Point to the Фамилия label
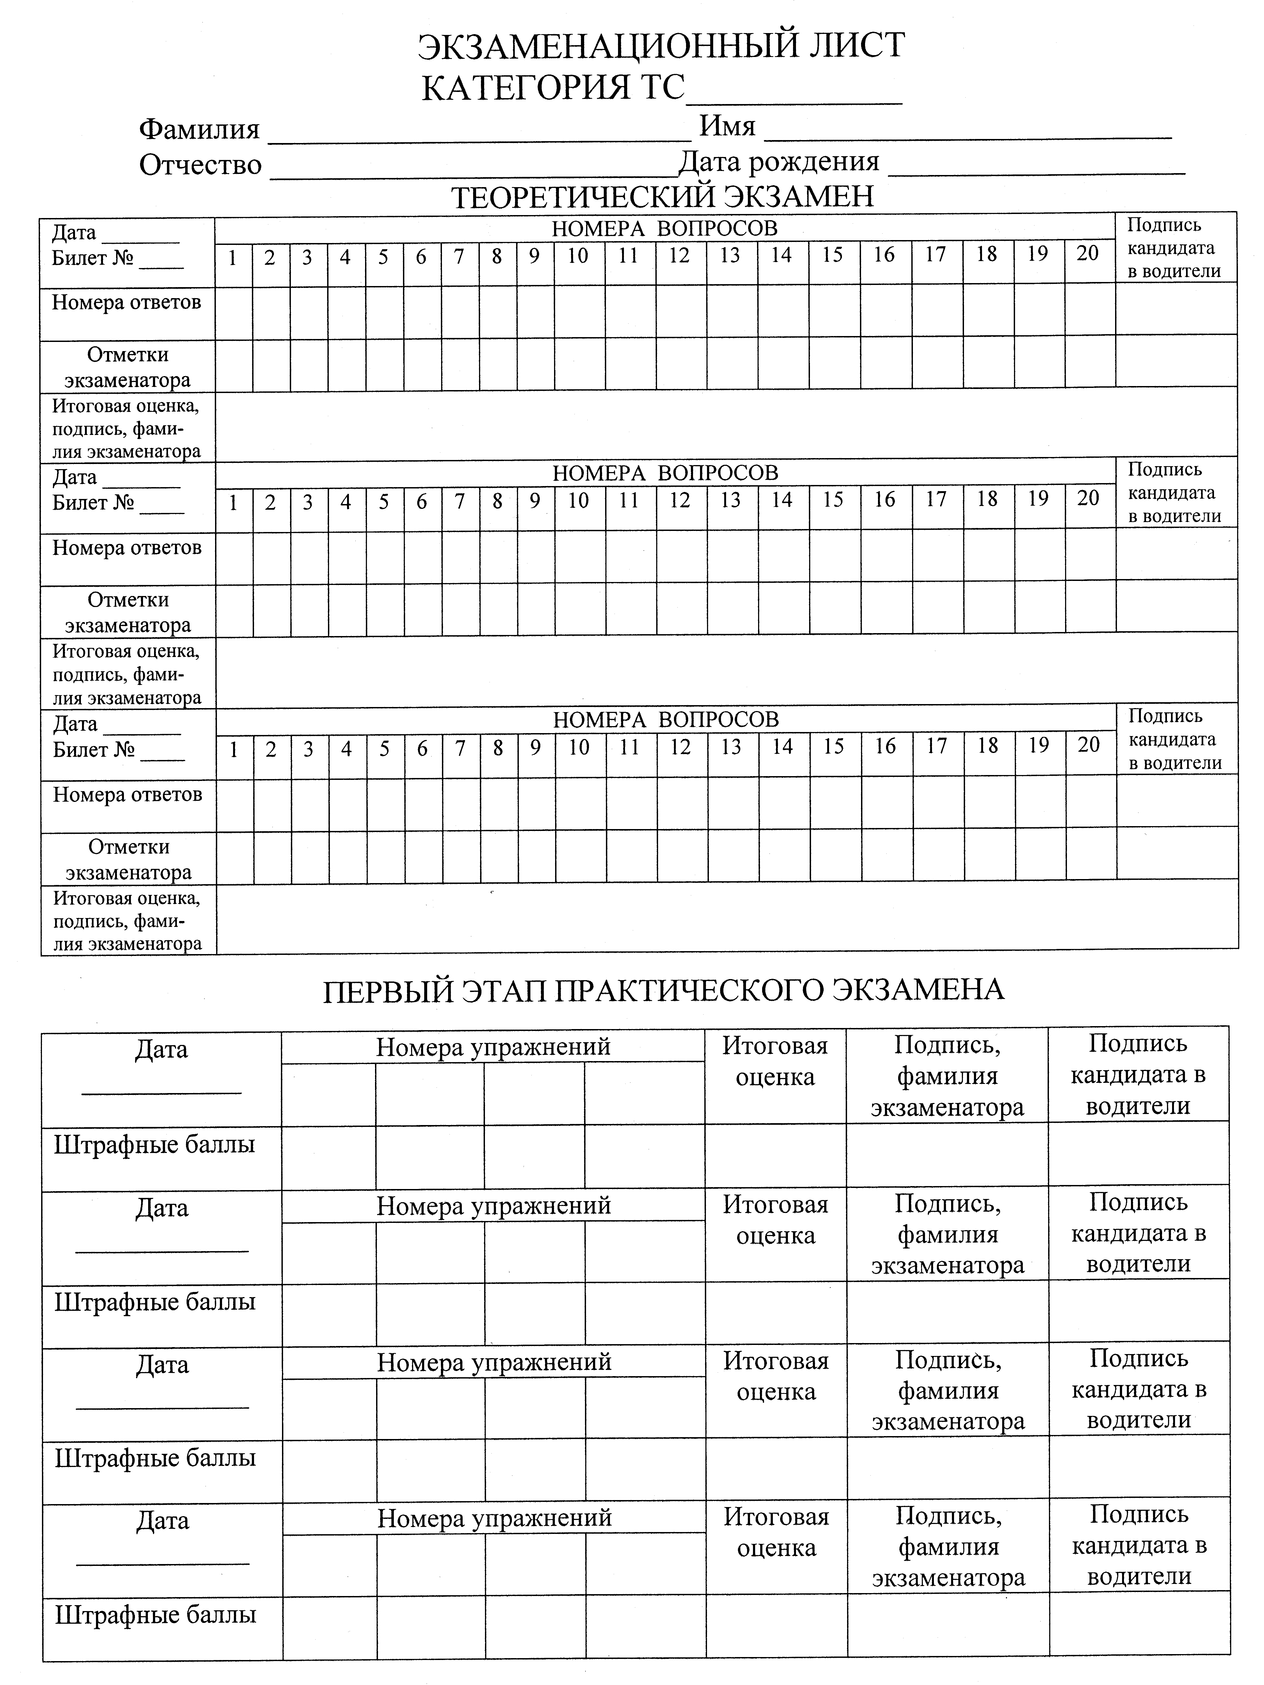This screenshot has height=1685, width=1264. pos(200,130)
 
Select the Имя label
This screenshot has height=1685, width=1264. pos(728,126)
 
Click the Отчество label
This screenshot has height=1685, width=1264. pos(200,165)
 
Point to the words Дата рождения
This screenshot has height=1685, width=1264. pos(779,162)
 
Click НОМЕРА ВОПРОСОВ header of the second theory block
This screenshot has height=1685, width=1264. pos(665,473)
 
